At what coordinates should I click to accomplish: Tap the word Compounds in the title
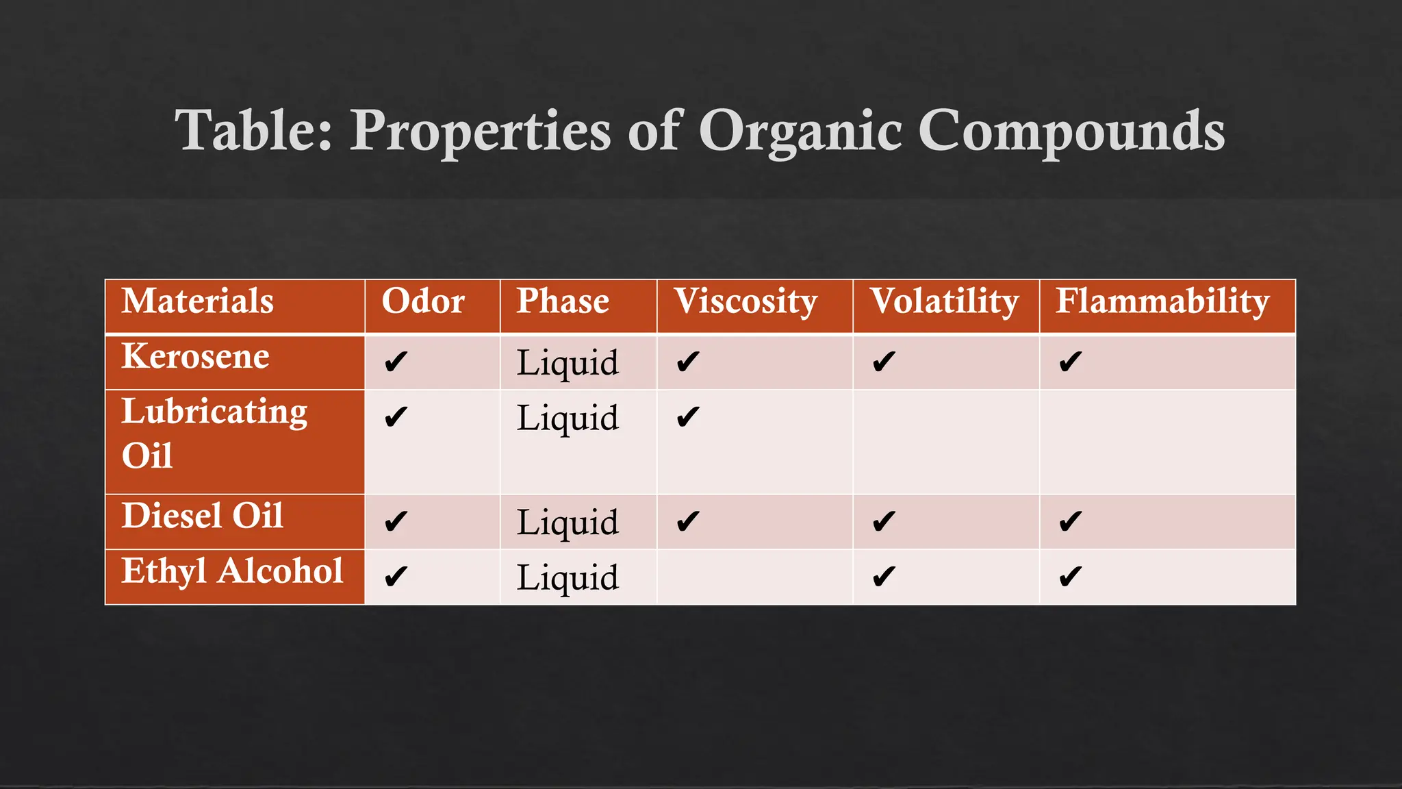coord(1071,131)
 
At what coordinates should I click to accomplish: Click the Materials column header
coord(198,301)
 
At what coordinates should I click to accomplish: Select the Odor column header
coord(423,301)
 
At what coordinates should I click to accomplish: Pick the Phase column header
coord(563,301)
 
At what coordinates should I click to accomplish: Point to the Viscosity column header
coord(745,301)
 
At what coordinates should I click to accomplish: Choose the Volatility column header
coord(944,301)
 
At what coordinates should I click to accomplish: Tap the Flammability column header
coord(1162,301)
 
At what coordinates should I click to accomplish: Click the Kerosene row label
coord(196,357)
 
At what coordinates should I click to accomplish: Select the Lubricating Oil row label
coord(214,434)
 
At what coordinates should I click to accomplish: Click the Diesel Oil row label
coord(203,516)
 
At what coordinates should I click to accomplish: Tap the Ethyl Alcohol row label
coord(233,571)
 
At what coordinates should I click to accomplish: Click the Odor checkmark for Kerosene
coord(396,362)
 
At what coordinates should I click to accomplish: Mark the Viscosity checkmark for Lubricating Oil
coord(687,417)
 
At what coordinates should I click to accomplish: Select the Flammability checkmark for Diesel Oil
coord(1070,522)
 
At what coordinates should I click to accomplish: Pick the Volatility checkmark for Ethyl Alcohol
coord(884,577)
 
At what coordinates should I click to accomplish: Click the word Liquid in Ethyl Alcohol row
coord(568,578)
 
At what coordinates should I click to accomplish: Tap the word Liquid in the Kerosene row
coord(568,363)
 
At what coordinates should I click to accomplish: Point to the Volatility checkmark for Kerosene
coord(884,362)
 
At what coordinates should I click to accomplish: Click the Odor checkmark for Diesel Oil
coord(396,522)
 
